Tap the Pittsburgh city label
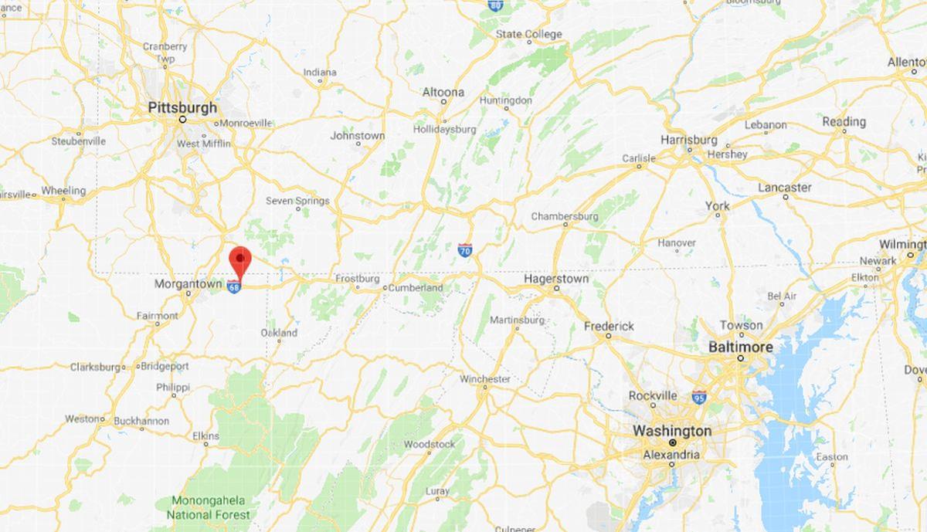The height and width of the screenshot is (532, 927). (x=182, y=108)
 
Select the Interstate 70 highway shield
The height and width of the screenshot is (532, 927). (x=464, y=249)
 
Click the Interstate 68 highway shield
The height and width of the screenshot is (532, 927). (x=234, y=286)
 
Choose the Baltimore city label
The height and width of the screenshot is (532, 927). (x=740, y=347)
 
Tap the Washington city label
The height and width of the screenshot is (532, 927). (x=672, y=430)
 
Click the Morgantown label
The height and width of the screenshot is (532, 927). (x=188, y=284)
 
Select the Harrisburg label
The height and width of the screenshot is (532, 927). (x=689, y=140)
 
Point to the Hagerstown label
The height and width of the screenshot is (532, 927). (x=556, y=279)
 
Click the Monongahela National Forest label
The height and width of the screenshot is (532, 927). (x=210, y=507)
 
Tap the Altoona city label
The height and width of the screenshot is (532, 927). (x=443, y=93)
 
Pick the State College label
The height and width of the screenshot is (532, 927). (x=529, y=34)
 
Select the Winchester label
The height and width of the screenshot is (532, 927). (x=485, y=379)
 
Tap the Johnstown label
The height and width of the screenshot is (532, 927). (x=357, y=136)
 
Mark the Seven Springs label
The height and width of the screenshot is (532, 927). (x=297, y=201)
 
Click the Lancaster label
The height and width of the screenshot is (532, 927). (x=785, y=188)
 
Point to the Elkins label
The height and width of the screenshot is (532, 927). (x=205, y=435)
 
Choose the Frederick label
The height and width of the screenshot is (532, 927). (x=609, y=327)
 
